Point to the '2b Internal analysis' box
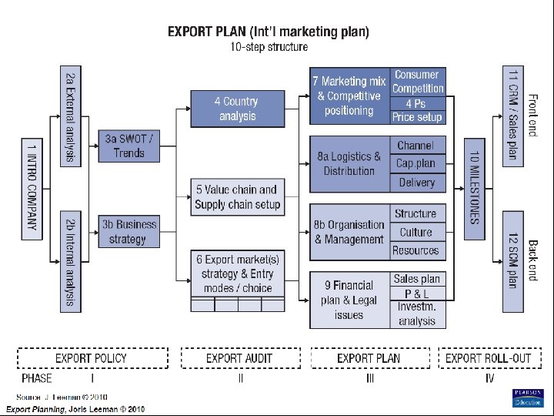(70, 261)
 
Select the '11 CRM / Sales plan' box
(513, 116)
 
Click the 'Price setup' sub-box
(417, 117)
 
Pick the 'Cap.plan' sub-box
(416, 163)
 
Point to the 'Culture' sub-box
(416, 232)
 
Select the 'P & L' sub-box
(416, 294)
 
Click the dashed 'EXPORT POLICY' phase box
(91, 358)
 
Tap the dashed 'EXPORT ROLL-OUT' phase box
(489, 358)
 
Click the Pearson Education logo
(527, 398)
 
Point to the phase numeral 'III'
(369, 378)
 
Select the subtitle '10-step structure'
(269, 47)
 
